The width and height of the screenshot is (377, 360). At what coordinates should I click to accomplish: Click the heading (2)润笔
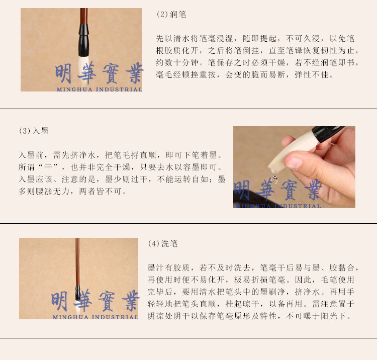(x=171, y=15)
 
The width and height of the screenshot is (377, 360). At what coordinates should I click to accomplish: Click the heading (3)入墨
(x=34, y=131)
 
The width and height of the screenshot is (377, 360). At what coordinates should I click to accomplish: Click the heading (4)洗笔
(x=163, y=244)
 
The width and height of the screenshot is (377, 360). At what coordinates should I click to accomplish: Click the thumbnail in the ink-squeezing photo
(x=294, y=163)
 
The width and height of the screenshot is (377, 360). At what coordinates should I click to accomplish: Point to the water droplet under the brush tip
(x=275, y=178)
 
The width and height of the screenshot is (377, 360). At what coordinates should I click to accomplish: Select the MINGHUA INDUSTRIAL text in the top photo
(x=100, y=89)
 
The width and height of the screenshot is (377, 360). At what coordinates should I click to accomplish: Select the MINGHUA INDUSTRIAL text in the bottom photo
(x=96, y=317)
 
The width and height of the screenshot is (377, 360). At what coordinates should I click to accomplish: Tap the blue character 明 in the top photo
(x=63, y=73)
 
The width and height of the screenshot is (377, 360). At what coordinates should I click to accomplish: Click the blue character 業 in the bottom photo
(x=131, y=300)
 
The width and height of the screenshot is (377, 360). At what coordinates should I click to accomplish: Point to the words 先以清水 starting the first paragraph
(x=173, y=39)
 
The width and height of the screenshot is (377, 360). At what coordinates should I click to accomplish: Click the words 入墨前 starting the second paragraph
(x=31, y=155)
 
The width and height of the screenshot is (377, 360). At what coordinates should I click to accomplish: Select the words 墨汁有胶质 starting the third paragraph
(x=169, y=267)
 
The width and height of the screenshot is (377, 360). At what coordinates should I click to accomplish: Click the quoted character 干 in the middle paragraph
(x=48, y=167)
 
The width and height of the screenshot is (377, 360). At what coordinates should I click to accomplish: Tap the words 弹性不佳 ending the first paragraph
(x=312, y=74)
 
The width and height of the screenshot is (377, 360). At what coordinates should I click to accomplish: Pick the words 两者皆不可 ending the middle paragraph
(x=101, y=191)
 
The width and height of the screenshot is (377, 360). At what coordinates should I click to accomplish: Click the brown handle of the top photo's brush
(x=83, y=16)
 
